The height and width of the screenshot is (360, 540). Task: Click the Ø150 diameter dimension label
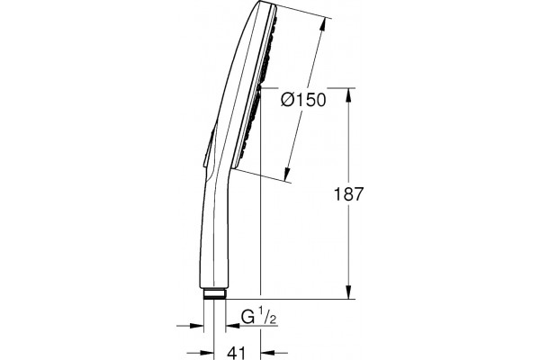click(303, 100)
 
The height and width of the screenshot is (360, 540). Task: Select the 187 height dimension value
click(348, 194)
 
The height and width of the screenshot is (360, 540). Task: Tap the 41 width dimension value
click(237, 353)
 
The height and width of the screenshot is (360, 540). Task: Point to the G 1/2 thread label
click(258, 318)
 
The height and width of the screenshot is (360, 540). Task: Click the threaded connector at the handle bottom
click(214, 293)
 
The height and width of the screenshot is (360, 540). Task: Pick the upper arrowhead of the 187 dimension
click(349, 95)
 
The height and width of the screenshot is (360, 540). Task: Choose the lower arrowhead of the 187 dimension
click(349, 292)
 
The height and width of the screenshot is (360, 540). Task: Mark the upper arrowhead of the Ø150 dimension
click(322, 25)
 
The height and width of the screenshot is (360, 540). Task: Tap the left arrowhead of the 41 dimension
click(207, 353)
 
